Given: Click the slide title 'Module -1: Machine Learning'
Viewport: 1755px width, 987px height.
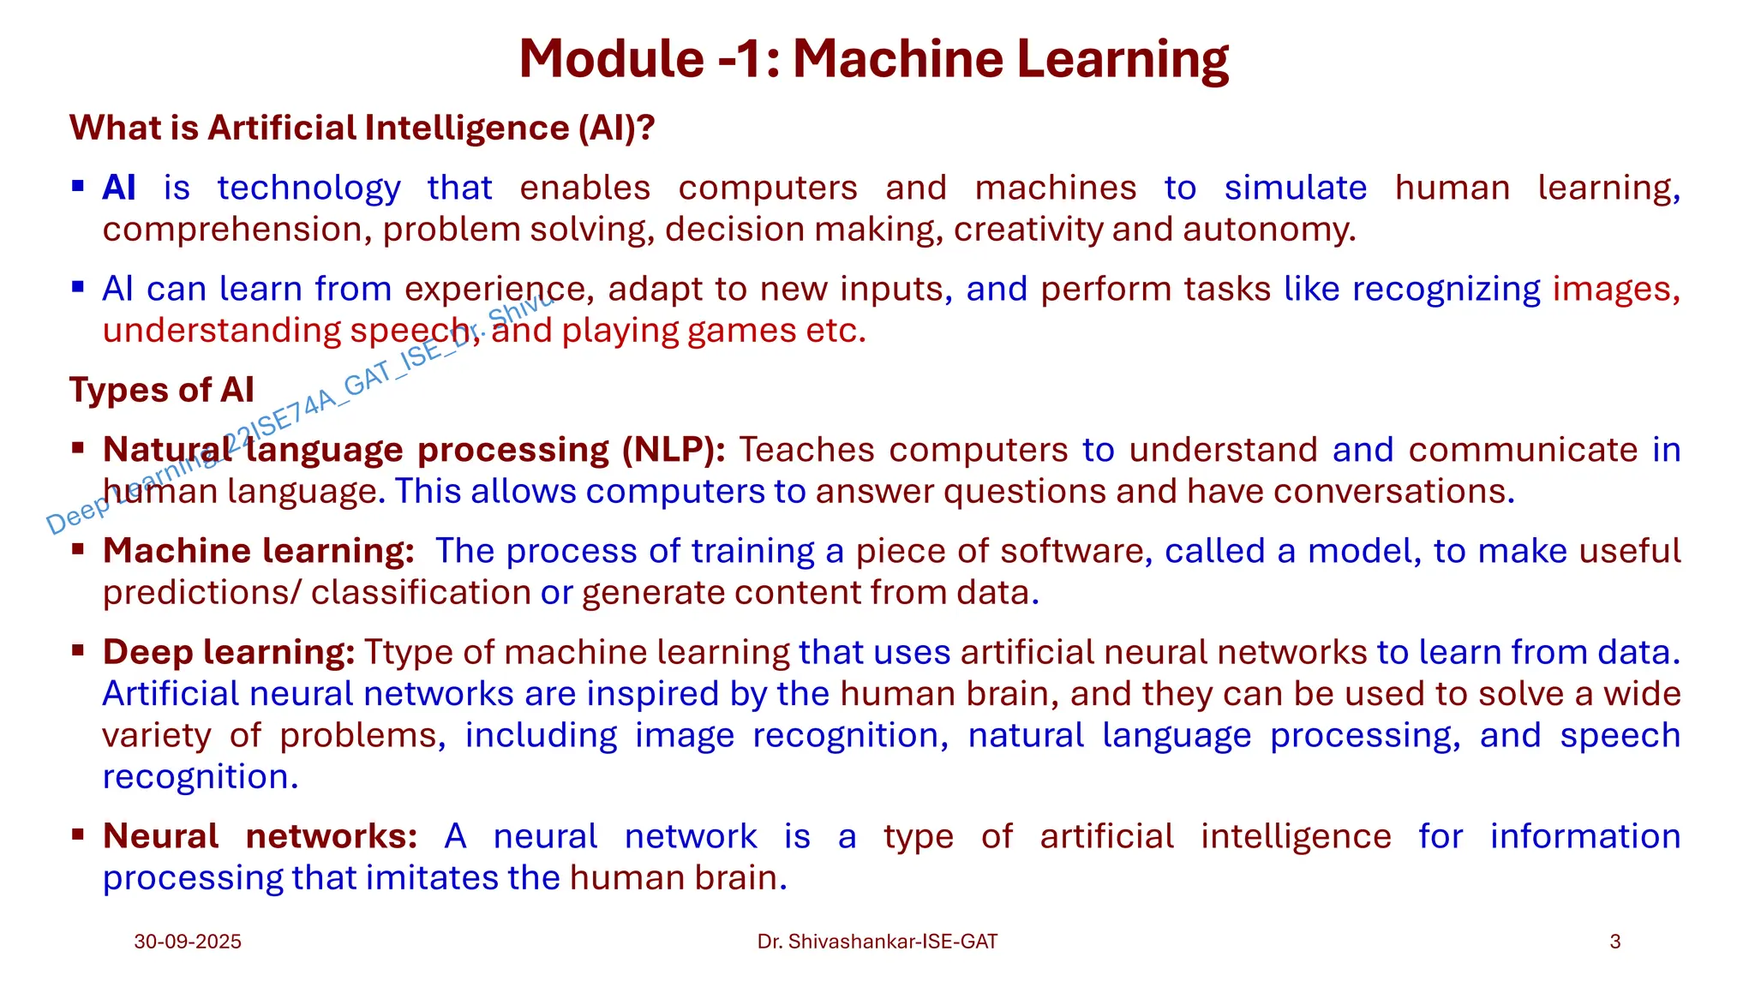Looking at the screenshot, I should pyautogui.click(x=873, y=59).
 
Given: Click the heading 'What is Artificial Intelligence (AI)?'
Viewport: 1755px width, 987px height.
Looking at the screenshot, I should pyautogui.click(x=362, y=129).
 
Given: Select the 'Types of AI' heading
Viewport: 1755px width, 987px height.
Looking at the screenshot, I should pyautogui.click(x=162, y=390).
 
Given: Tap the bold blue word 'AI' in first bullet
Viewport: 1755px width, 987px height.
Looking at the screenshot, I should pyautogui.click(x=119, y=188).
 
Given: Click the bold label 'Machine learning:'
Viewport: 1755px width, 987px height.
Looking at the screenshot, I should pyautogui.click(x=259, y=551).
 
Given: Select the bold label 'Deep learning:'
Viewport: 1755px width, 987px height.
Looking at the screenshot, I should pyautogui.click(x=229, y=653).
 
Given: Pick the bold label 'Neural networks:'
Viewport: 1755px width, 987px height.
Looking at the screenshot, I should pyautogui.click(x=260, y=836).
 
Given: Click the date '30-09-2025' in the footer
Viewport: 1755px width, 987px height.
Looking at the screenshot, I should pyautogui.click(x=188, y=942).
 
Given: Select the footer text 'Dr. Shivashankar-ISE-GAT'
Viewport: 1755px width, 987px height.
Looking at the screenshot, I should pyautogui.click(x=877, y=942).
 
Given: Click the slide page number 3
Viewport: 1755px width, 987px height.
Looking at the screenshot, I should pyautogui.click(x=1614, y=942).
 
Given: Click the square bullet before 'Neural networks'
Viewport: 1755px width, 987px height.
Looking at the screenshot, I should pyautogui.click(x=78, y=834).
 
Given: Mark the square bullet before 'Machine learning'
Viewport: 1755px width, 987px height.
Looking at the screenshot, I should pyautogui.click(x=78, y=548).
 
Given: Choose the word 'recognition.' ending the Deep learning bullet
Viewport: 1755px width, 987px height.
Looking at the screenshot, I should pyautogui.click(x=201, y=777).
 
